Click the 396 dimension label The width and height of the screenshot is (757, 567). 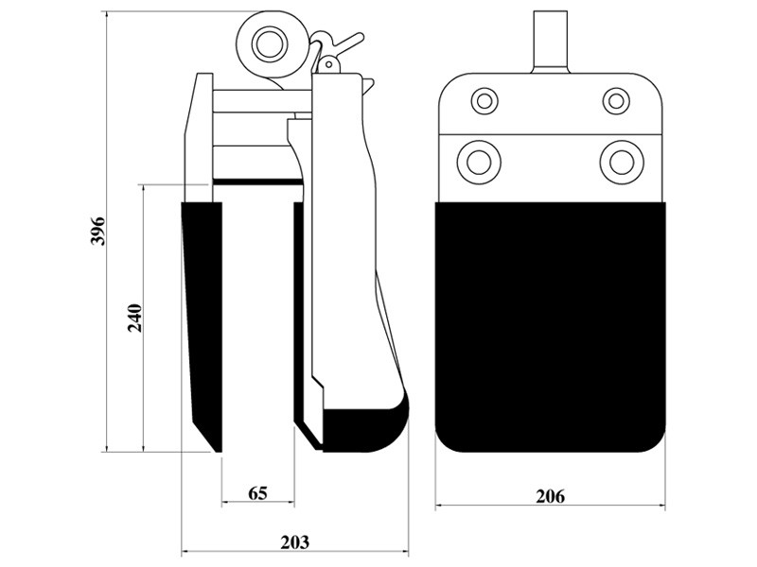point(99,231)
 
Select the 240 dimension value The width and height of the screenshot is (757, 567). point(135,318)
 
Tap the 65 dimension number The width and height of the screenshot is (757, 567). point(257,493)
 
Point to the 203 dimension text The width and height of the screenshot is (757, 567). point(295,541)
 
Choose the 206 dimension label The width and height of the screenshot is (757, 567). point(550,496)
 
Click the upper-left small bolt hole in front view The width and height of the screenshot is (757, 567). point(484,101)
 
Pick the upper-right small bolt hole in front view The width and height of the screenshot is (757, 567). point(616,101)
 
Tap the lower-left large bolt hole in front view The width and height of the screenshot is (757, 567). point(479,162)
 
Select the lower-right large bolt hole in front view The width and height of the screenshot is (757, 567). point(622,162)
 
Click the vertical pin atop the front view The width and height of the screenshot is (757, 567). point(551,41)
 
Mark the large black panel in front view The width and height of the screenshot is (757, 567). point(551,327)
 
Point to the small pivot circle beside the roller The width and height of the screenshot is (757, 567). point(329,63)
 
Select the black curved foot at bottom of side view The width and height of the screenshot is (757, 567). point(365,428)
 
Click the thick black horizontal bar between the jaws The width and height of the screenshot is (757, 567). point(258,181)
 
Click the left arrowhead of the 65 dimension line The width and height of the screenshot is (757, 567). point(224,504)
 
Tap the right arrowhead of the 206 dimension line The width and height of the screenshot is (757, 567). point(662,506)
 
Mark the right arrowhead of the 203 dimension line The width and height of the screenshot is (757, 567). point(406,551)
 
